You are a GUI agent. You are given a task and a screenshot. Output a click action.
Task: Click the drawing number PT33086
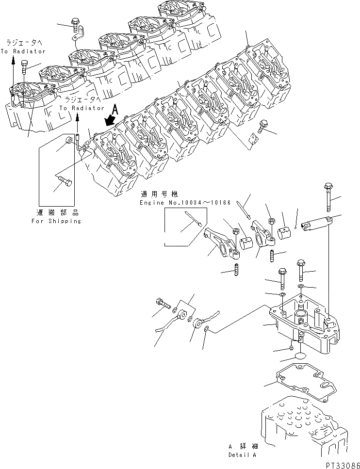point(340,464)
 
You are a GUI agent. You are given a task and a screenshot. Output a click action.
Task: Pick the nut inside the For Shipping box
point(69,141)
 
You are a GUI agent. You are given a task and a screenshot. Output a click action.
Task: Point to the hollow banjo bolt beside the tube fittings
point(164,304)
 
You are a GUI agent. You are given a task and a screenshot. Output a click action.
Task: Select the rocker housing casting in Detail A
point(303,325)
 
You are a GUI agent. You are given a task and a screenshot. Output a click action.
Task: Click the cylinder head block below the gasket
point(301,427)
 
